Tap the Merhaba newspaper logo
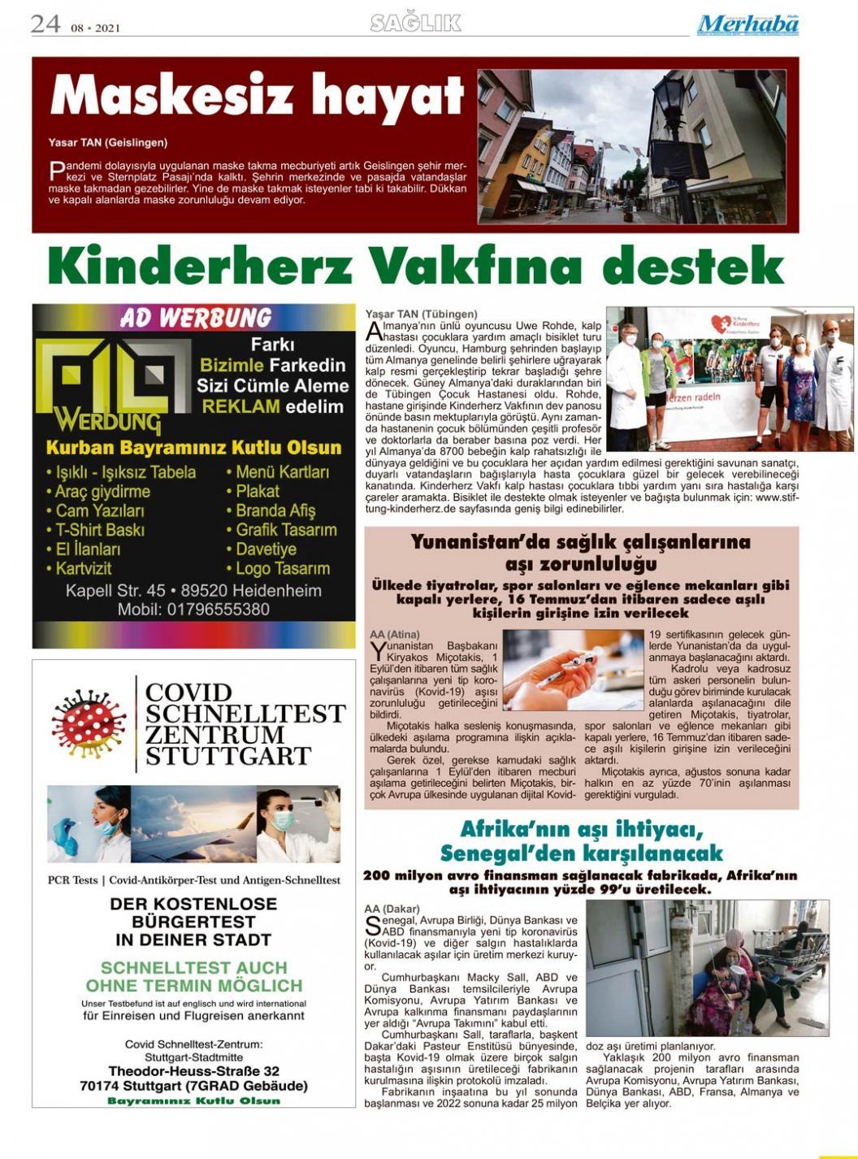(747, 24)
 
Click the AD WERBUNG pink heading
(196, 318)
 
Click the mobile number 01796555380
(218, 609)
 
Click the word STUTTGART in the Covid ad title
(228, 757)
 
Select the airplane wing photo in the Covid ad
(193, 823)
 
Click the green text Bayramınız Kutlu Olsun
(193, 1100)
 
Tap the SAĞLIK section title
(415, 24)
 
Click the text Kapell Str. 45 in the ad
(115, 591)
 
